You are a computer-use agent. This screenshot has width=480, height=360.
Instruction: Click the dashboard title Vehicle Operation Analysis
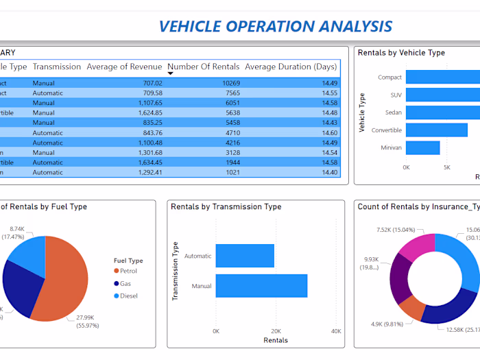point(275,26)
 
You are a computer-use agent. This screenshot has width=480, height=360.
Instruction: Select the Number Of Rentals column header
point(204,67)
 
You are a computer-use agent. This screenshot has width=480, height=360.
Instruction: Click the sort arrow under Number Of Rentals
point(171,73)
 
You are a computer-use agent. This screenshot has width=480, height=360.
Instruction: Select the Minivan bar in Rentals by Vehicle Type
point(422,147)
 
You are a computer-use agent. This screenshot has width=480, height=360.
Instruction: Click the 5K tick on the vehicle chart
point(447,167)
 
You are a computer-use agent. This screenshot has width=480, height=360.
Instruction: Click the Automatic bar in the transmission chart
point(245,256)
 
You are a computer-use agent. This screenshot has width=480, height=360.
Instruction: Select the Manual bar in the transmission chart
point(261,286)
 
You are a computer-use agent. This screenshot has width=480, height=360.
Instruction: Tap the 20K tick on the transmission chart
point(276,331)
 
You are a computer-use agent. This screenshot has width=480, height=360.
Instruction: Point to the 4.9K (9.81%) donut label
point(388,324)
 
